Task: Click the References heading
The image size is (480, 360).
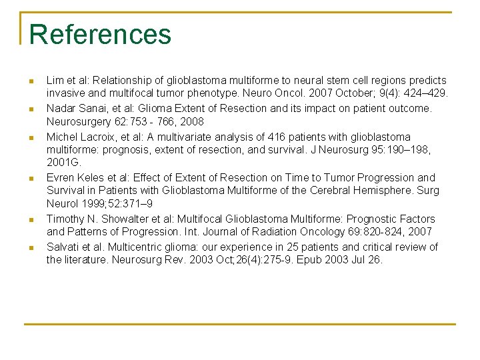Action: tap(100, 35)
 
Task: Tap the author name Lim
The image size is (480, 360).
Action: tap(55, 80)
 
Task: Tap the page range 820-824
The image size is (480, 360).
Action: tap(363, 232)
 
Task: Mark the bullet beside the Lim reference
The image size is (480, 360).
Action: tap(31, 81)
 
